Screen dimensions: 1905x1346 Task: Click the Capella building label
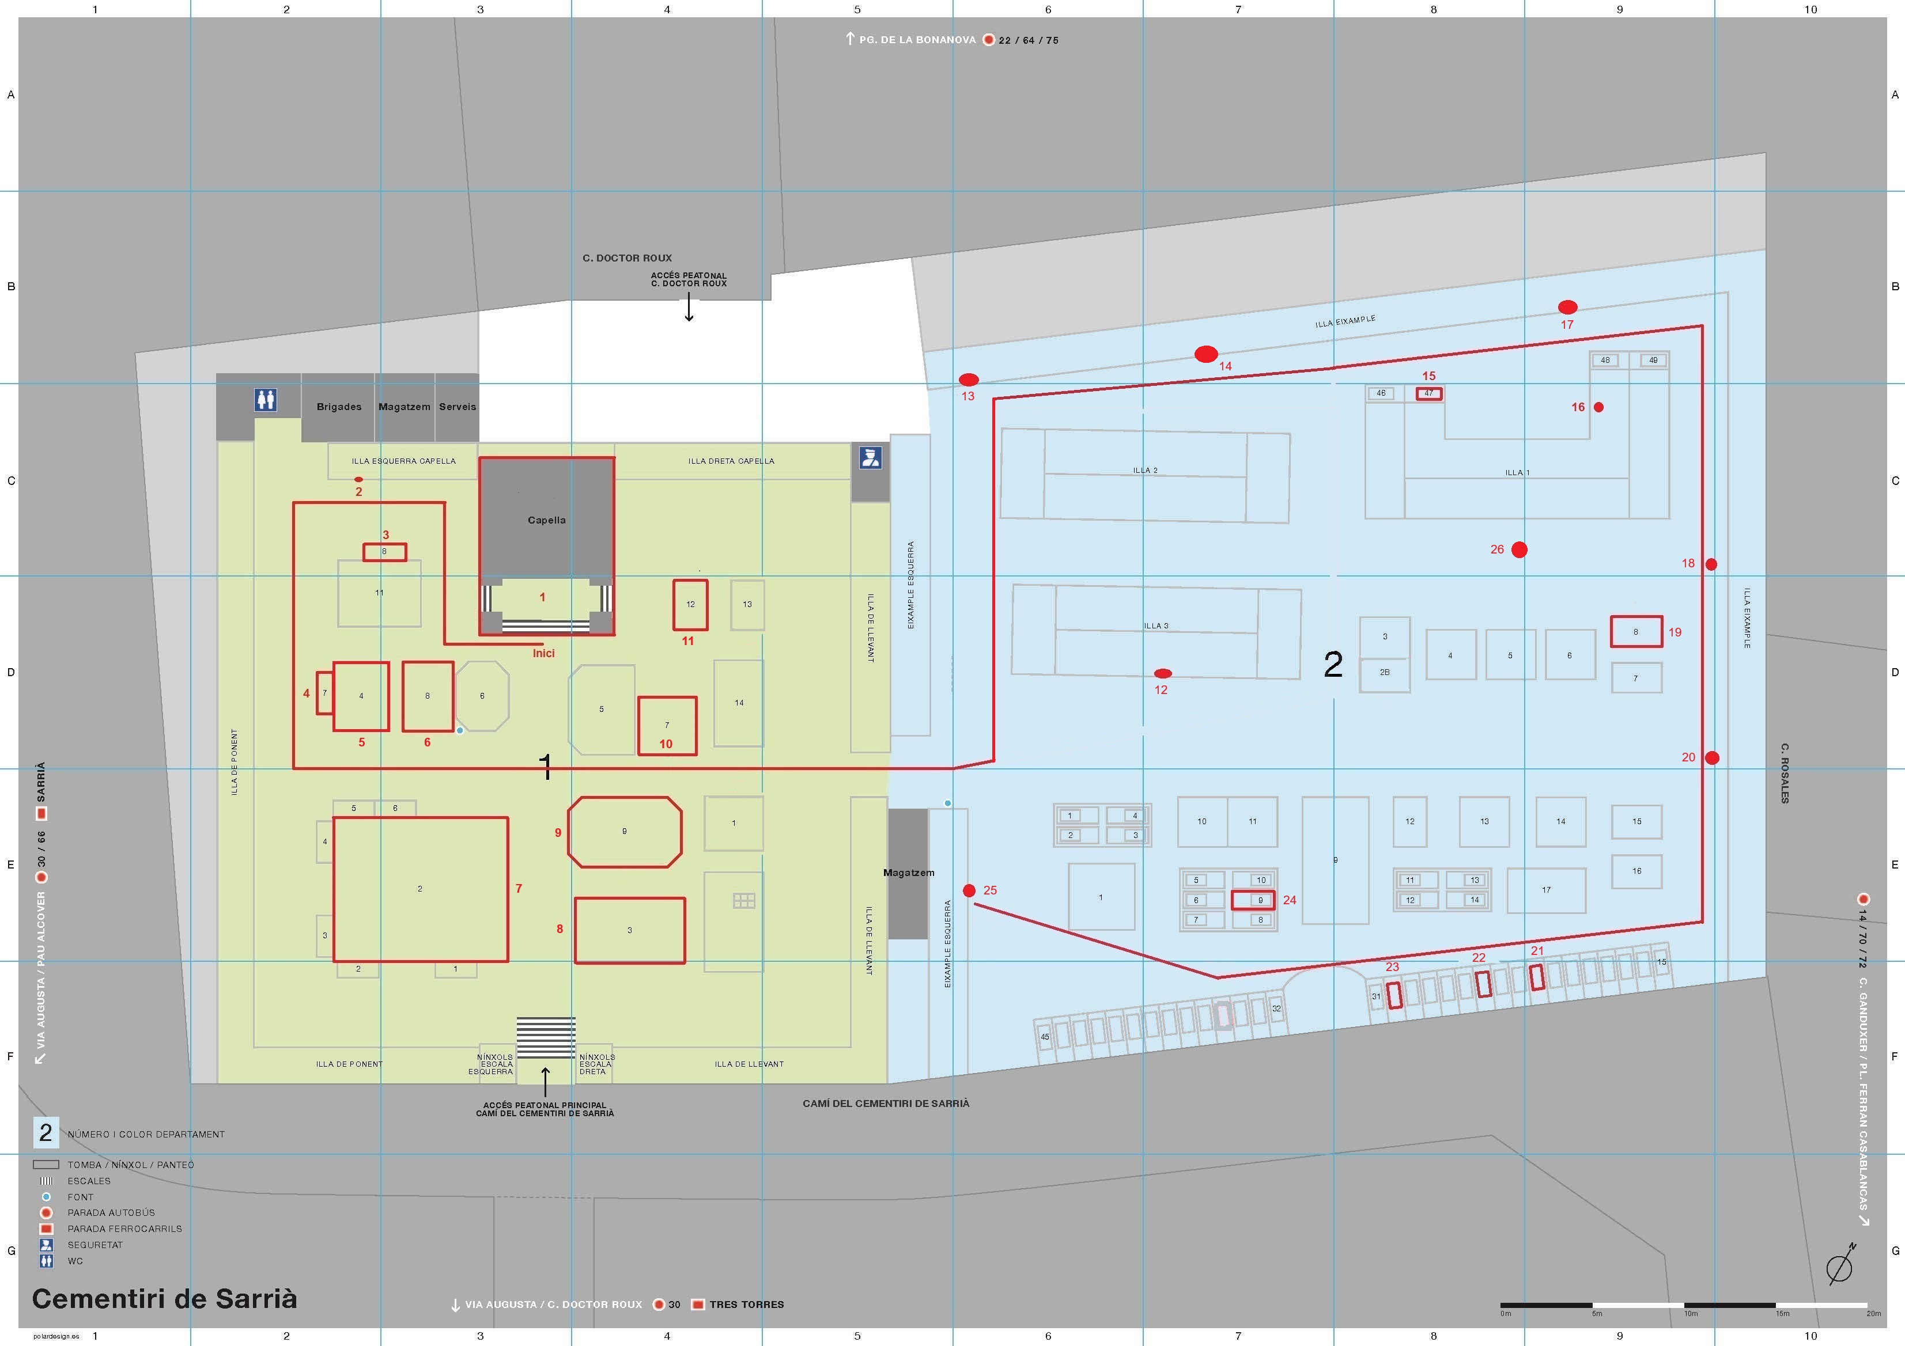click(547, 520)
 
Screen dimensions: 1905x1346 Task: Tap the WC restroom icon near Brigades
click(266, 400)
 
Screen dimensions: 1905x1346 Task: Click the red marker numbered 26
click(1519, 549)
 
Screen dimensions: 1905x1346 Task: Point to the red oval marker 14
click(1205, 355)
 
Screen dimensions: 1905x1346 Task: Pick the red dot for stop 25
click(969, 890)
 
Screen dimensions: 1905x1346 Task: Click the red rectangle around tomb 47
click(1429, 394)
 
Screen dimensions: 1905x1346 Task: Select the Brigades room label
click(339, 407)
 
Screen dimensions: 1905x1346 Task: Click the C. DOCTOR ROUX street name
click(628, 258)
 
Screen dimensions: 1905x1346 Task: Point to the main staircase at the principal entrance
click(546, 1037)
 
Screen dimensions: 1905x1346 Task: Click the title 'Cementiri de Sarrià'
click(164, 1298)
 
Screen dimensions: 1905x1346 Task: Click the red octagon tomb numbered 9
click(625, 832)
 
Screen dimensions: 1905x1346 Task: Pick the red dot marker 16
click(1599, 407)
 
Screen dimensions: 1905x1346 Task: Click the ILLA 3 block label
click(1156, 625)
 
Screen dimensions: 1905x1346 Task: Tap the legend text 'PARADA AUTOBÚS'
click(111, 1212)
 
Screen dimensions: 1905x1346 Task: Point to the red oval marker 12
click(1163, 673)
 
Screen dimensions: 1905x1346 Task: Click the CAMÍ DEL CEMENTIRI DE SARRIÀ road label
click(886, 1103)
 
